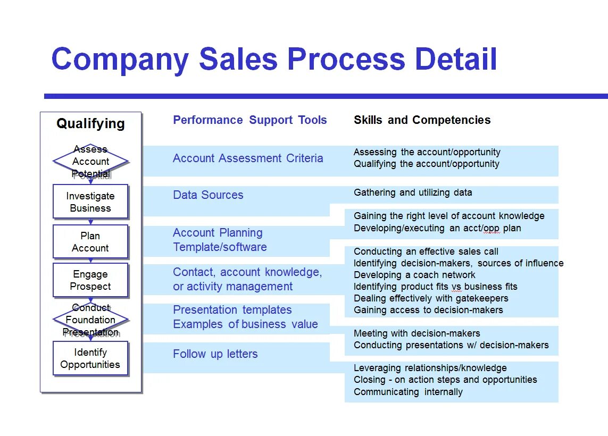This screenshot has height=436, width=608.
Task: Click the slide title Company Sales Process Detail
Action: tap(274, 59)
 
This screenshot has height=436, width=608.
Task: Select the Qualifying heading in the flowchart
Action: tap(90, 124)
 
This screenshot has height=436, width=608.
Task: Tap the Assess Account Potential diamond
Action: tap(90, 161)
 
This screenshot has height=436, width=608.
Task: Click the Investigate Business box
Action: tap(90, 202)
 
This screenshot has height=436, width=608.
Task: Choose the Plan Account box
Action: tap(90, 242)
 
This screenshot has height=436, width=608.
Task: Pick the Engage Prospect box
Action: tap(90, 280)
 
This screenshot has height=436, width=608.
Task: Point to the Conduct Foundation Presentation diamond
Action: tap(90, 320)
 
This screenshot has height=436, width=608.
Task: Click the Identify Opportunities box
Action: tap(90, 358)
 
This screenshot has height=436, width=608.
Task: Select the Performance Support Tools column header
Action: tap(249, 120)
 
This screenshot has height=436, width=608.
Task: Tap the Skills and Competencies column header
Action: tap(422, 120)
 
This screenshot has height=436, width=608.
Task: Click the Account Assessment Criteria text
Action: tap(248, 158)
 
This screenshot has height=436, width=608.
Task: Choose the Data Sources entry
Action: tap(208, 195)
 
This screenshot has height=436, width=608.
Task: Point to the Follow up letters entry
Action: tap(215, 354)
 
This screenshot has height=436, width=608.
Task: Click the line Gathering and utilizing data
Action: tap(413, 192)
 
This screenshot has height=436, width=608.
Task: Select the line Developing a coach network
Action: tap(414, 275)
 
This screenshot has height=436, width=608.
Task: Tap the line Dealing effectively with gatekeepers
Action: tap(431, 298)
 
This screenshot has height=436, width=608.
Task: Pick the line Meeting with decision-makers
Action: tap(417, 333)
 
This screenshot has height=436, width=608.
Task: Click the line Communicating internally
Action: tap(408, 392)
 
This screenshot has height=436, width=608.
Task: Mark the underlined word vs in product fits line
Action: tap(456, 287)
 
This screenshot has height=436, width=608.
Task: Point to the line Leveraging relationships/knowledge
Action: tap(430, 368)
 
